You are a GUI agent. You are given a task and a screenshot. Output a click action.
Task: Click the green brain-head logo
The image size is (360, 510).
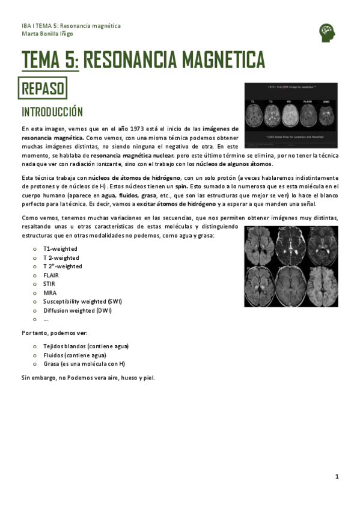[x=326, y=32]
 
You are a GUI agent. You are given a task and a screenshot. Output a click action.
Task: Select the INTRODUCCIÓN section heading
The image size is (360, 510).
[x=52, y=112]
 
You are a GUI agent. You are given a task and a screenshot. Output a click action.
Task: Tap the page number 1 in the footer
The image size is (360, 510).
[x=337, y=476]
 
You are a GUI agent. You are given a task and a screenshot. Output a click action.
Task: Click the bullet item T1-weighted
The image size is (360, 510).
[x=60, y=248]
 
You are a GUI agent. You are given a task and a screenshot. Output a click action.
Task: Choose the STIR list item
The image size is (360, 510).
[x=49, y=284]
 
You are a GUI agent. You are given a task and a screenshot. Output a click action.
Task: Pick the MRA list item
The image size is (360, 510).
[x=50, y=293]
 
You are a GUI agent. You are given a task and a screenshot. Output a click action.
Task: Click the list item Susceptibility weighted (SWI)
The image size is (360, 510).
[x=82, y=301]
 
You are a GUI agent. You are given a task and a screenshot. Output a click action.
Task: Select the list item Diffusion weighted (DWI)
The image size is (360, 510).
[x=78, y=310]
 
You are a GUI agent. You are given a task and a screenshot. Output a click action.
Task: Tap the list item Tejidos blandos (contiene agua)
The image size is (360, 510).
[x=86, y=346]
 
